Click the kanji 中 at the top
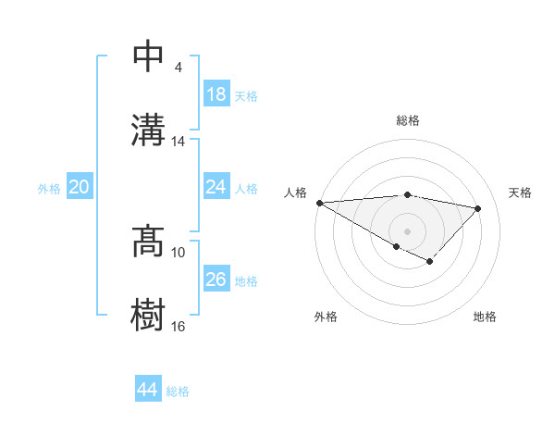tap(149, 56)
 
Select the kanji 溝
tap(149, 129)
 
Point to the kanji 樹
tap(149, 314)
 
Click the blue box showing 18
tap(216, 95)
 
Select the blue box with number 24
tap(216, 187)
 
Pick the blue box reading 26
tap(216, 280)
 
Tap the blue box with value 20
tap(80, 187)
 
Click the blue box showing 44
tap(147, 390)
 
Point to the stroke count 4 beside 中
tap(178, 68)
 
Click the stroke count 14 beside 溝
tap(179, 142)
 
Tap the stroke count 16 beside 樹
tap(179, 326)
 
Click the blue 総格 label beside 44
tap(178, 391)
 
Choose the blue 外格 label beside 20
tap(49, 188)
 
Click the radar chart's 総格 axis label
tap(408, 120)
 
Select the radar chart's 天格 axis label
tap(521, 193)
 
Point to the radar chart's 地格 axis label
tap(485, 317)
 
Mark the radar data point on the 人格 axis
tap(319, 203)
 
